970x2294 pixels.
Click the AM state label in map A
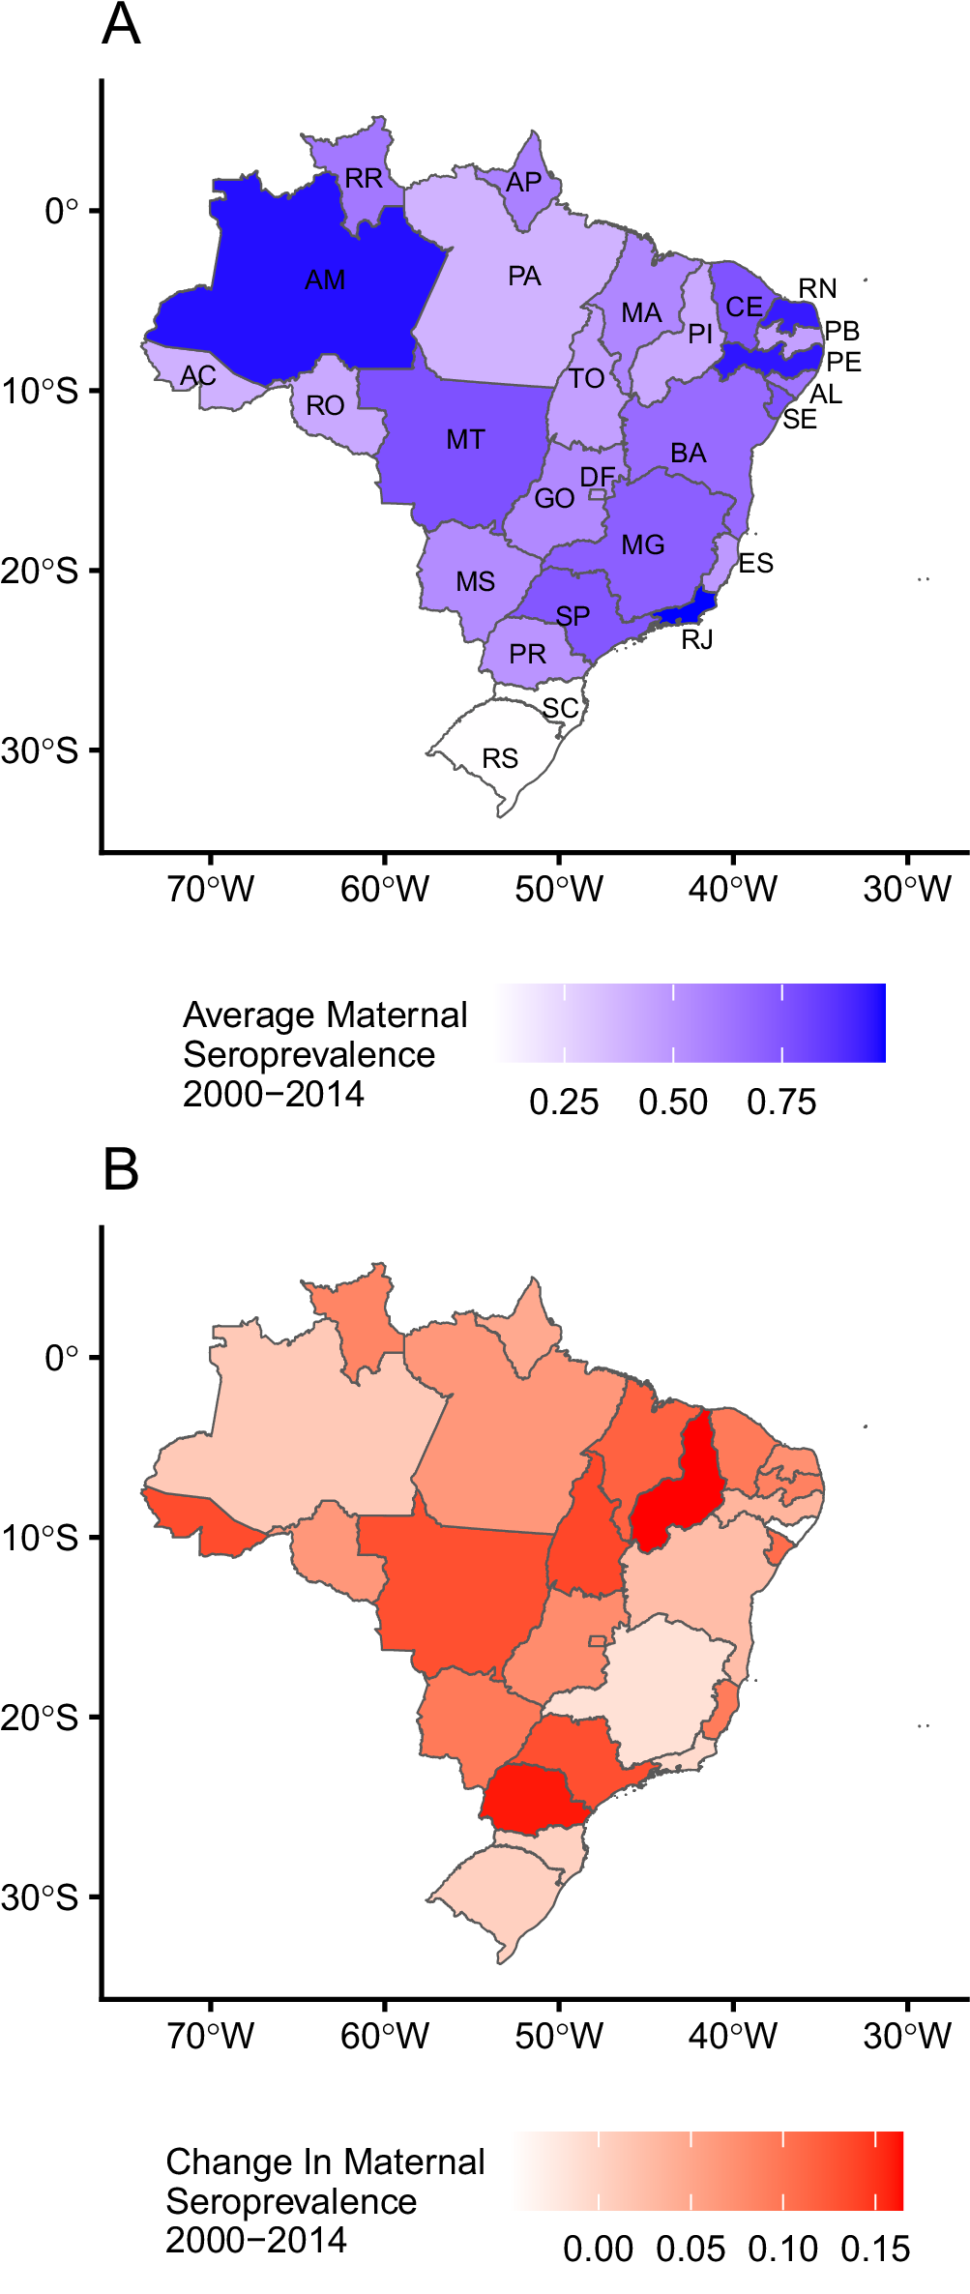pos(325,280)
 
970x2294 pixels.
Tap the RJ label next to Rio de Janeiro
pos(696,639)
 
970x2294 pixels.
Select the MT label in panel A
pos(465,440)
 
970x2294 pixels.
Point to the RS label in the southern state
pos(500,758)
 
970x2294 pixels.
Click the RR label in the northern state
pos(364,179)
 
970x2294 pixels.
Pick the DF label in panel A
pos(597,477)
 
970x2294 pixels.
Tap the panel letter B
pos(121,1170)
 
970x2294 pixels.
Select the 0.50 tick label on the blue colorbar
pos(673,1103)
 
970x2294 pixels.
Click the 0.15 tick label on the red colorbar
pos(875,2249)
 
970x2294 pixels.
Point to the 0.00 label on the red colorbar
pos(598,2249)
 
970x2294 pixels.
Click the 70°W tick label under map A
pos(210,889)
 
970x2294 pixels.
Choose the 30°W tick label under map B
pos(907,2035)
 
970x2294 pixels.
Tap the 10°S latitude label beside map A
pos(41,391)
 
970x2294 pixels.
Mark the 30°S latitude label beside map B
pos(41,1897)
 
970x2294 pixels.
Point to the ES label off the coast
pos(755,564)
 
